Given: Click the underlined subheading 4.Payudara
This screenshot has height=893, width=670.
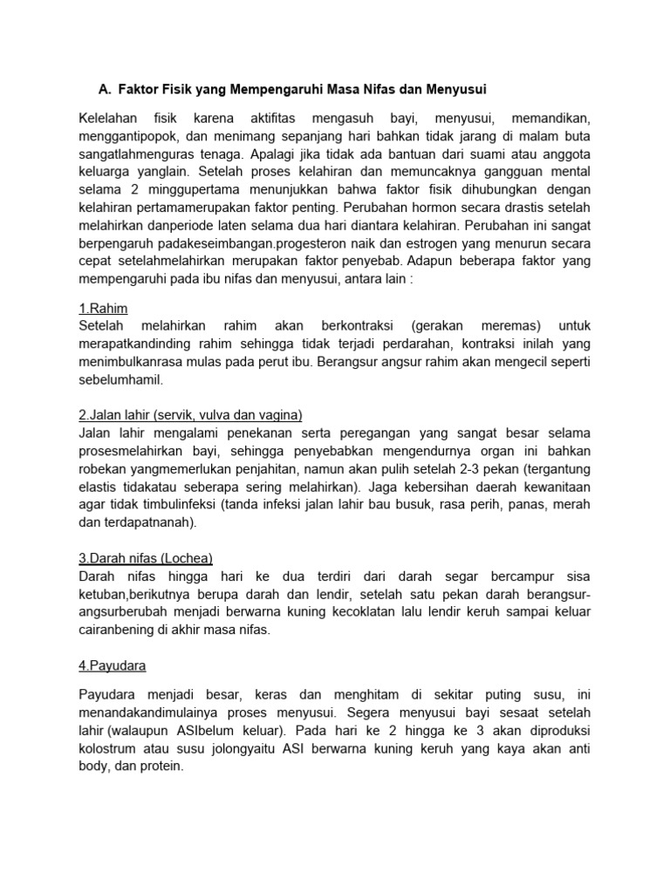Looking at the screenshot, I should [113, 666].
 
